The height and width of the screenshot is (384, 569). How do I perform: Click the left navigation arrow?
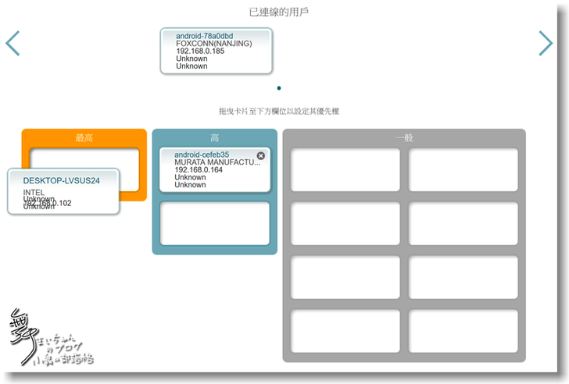(13, 44)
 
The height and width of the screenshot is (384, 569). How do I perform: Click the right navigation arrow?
(546, 44)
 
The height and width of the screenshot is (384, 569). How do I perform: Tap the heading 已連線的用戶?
(279, 12)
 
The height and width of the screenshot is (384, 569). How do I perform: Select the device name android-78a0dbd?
(205, 36)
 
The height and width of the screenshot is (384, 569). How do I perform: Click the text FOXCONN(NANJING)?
(214, 44)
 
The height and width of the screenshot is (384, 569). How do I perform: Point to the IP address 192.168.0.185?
(200, 52)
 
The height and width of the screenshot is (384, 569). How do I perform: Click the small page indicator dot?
(279, 88)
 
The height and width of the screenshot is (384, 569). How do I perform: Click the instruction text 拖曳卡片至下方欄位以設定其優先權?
(279, 112)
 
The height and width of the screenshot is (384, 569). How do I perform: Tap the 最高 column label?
(84, 138)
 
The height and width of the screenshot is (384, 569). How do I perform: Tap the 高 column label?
(215, 138)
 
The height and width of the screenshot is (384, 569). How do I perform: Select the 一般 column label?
(404, 138)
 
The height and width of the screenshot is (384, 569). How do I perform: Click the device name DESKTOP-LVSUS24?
(62, 180)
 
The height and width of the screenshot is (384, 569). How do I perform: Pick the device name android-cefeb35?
(202, 155)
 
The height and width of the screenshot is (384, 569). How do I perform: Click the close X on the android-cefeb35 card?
(261, 156)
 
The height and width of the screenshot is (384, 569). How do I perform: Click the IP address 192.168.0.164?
(199, 170)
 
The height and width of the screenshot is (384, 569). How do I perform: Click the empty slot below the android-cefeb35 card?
(215, 223)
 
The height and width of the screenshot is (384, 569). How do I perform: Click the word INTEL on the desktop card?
(34, 192)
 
